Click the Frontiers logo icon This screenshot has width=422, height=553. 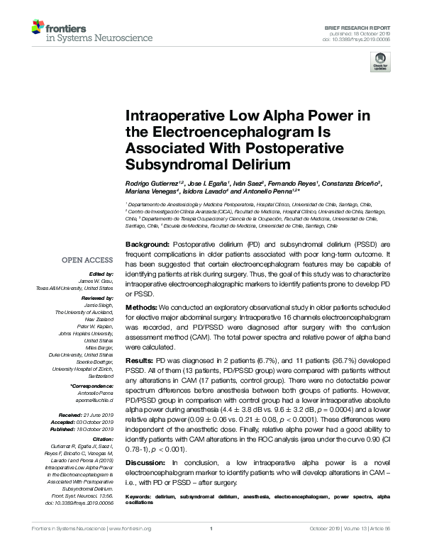click(38, 29)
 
